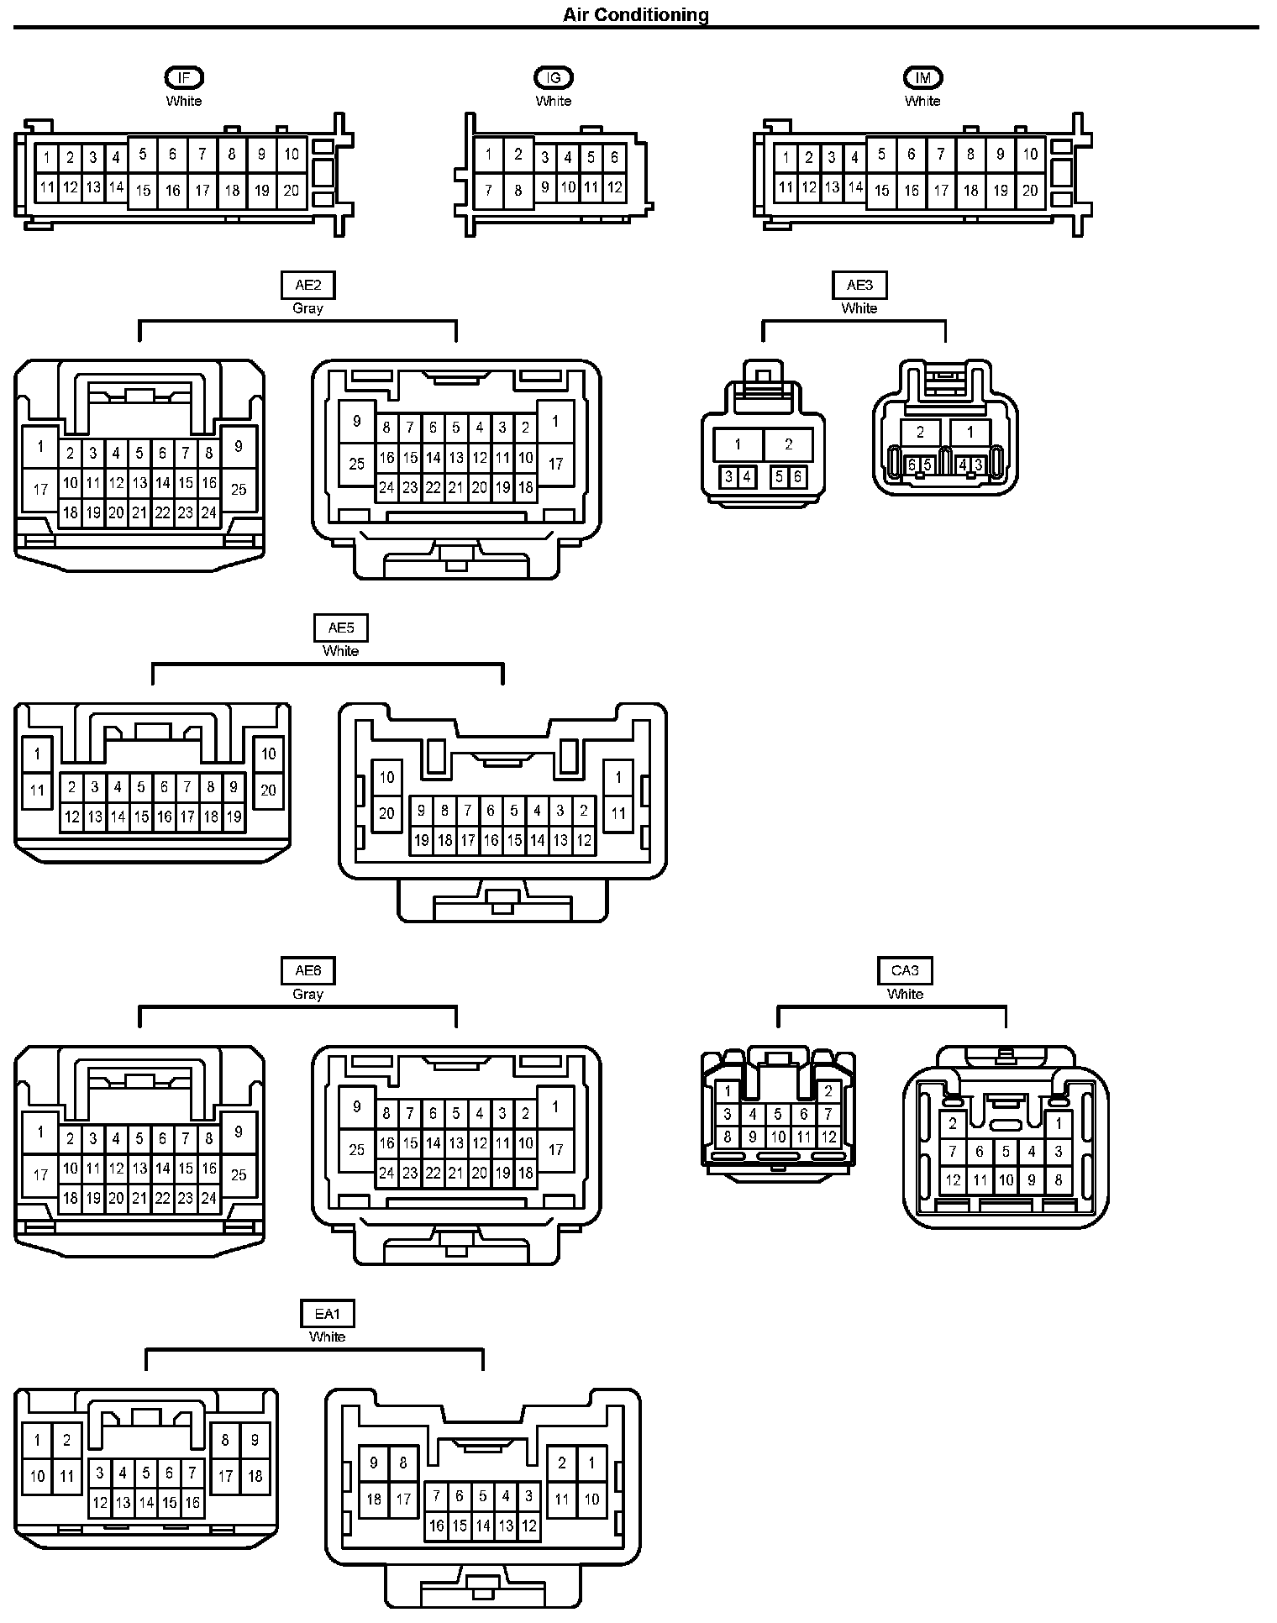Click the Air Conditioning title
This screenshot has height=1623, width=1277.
click(x=635, y=14)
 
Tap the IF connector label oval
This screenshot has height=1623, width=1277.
click(x=184, y=78)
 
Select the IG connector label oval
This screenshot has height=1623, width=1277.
click(x=553, y=78)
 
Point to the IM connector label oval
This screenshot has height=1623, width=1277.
click(x=922, y=78)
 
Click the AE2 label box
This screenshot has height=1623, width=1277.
click(x=307, y=286)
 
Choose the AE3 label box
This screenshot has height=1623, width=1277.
click(x=859, y=286)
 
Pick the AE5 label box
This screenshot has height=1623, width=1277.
click(x=341, y=628)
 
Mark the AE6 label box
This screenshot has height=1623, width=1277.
click(x=307, y=971)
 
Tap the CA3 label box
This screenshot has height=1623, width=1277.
click(x=905, y=971)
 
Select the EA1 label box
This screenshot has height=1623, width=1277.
click(x=328, y=1314)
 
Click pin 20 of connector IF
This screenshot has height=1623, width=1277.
click(x=291, y=191)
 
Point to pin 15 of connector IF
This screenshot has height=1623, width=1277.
click(x=144, y=191)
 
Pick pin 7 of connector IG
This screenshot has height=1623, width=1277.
click(x=488, y=190)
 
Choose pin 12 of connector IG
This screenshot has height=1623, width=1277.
click(x=614, y=187)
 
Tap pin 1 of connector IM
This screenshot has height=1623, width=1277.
click(x=786, y=157)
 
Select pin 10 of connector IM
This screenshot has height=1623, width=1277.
click(x=1030, y=155)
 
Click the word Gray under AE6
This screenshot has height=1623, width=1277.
click(x=307, y=994)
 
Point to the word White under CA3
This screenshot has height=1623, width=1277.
click(x=905, y=994)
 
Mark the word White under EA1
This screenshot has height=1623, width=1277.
click(x=328, y=1337)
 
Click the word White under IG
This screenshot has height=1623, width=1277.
click(x=553, y=101)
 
